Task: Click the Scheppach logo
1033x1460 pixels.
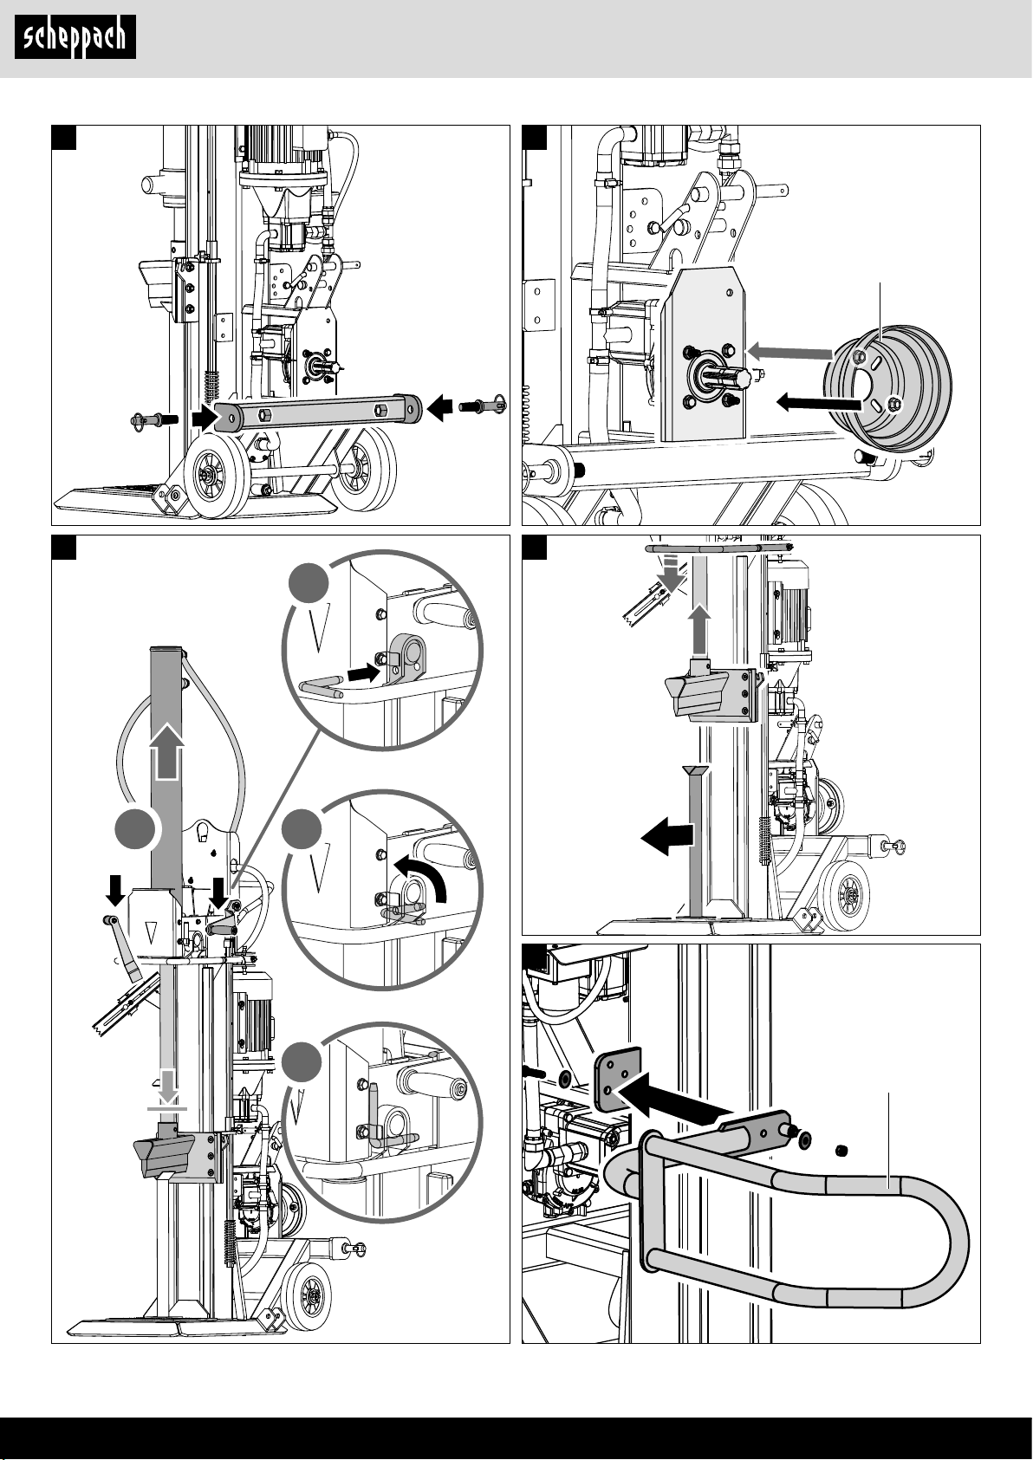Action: [x=75, y=37]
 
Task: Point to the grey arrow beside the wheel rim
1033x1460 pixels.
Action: [x=789, y=351]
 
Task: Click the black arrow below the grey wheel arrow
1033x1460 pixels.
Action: [x=818, y=401]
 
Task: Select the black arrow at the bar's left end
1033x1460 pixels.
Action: [x=203, y=417]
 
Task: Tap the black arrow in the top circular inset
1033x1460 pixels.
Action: [x=364, y=672]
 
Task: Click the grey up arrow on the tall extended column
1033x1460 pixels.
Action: [x=167, y=749]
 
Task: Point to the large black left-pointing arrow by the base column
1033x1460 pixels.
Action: [x=668, y=836]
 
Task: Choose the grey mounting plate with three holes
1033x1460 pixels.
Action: [x=616, y=1077]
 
